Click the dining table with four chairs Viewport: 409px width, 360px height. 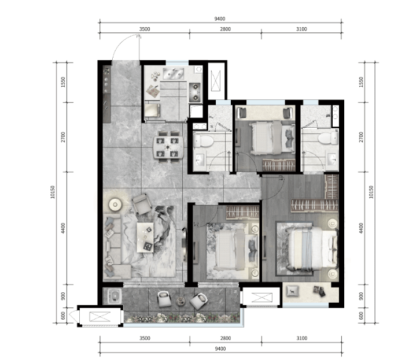168,147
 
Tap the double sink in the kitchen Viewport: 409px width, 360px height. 174,73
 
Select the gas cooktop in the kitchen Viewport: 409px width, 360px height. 194,92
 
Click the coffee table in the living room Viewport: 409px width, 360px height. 145,237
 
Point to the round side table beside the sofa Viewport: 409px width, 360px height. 116,204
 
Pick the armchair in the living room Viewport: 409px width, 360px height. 142,204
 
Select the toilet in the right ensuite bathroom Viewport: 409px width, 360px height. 328,138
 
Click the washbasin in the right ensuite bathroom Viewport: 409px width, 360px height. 332,159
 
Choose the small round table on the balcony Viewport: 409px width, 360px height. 180,302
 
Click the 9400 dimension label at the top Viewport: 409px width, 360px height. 220,18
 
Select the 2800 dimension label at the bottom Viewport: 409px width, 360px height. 226,338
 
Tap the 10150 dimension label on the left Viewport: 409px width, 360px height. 53,192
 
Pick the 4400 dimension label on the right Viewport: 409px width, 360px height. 361,228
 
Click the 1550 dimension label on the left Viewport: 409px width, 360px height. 63,82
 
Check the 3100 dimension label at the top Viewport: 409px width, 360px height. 301,29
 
